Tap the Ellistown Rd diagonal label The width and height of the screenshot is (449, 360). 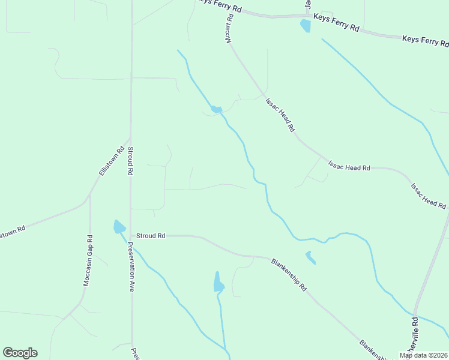click(x=110, y=161)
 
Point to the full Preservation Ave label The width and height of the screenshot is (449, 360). click(x=130, y=267)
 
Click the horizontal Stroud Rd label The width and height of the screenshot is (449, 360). click(x=151, y=236)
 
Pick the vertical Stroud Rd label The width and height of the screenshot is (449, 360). click(x=130, y=160)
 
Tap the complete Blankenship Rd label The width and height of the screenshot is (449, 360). click(x=289, y=275)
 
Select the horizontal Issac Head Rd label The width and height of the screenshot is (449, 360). click(x=349, y=167)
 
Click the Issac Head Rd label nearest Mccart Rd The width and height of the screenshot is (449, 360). click(x=280, y=115)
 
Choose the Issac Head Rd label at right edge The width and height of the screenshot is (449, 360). click(x=428, y=195)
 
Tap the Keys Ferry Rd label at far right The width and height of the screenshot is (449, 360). click(x=425, y=41)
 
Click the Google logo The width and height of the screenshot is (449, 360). click(x=20, y=353)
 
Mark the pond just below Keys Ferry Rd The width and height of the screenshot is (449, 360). click(x=306, y=26)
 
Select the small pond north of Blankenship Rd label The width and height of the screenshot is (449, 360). click(x=310, y=257)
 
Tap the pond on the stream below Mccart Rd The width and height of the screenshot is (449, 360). click(x=215, y=109)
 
